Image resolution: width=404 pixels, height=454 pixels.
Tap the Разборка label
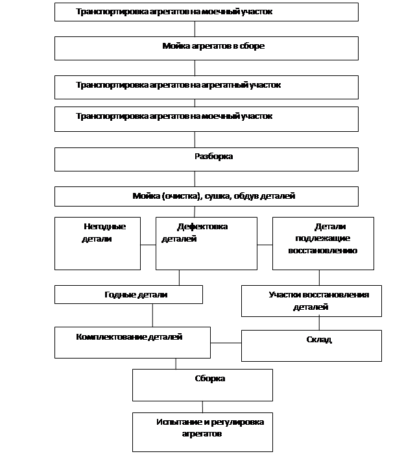213,157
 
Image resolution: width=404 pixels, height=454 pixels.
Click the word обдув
246,196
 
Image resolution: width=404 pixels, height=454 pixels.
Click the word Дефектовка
202,227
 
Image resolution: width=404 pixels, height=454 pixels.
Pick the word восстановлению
323,251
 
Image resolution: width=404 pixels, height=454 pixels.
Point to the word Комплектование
112,337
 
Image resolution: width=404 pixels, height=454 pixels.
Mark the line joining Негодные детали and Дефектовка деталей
149,245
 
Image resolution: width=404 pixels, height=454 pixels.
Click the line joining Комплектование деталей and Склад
226,343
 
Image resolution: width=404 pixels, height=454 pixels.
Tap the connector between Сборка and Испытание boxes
202,407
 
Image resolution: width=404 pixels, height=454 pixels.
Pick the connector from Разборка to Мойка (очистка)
195,179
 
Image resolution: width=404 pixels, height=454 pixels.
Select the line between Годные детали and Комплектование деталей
152,315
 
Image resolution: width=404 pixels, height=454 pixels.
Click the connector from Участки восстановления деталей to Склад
319,323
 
